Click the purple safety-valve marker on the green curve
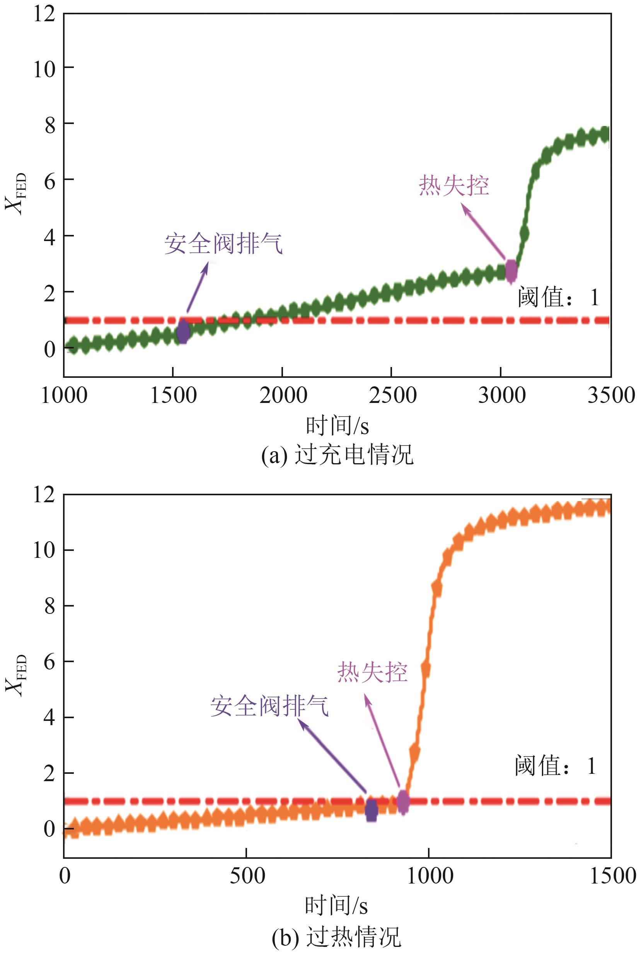point(184,332)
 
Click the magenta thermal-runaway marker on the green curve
point(511,270)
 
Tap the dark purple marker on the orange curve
point(371,810)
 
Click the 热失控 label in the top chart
point(454,186)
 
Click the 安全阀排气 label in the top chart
point(223,244)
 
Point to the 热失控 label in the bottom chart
point(372,672)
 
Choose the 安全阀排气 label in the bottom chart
point(269,706)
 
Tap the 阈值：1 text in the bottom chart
point(556,766)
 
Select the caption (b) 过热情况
point(336,936)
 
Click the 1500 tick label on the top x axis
point(173,395)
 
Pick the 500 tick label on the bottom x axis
point(247,876)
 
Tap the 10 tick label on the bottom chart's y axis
point(44,550)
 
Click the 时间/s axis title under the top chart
point(337,426)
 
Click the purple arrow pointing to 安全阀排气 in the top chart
point(197,287)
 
